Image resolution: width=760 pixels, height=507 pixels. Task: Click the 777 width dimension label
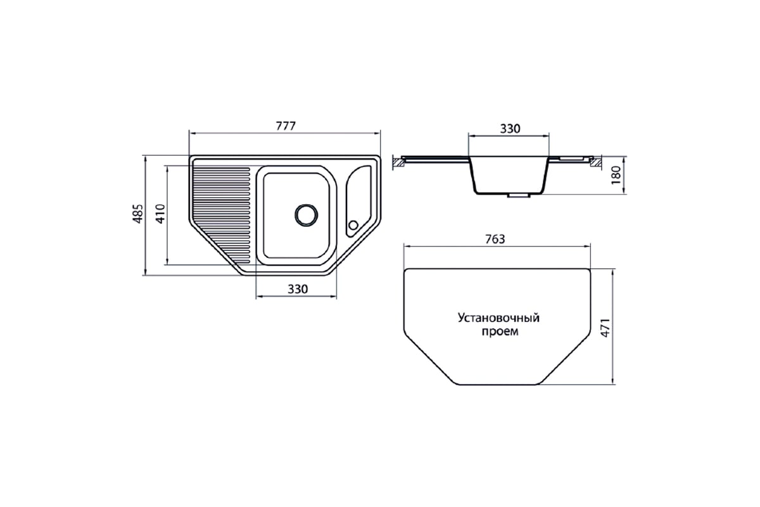pos(286,126)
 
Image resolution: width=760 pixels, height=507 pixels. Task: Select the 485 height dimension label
pos(137,214)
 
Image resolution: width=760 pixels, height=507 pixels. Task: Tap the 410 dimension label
pos(160,214)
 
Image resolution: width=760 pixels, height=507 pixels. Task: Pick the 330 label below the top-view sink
pos(298,289)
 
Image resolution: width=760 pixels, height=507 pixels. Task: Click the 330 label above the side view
pos(510,129)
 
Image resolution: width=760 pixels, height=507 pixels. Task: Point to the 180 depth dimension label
pos(616,175)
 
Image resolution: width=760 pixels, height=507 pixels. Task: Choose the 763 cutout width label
pos(495,240)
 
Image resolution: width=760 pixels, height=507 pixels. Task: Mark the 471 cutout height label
pos(605,328)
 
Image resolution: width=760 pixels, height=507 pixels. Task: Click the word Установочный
pos(498,318)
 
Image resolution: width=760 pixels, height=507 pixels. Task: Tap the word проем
pos(500,331)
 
